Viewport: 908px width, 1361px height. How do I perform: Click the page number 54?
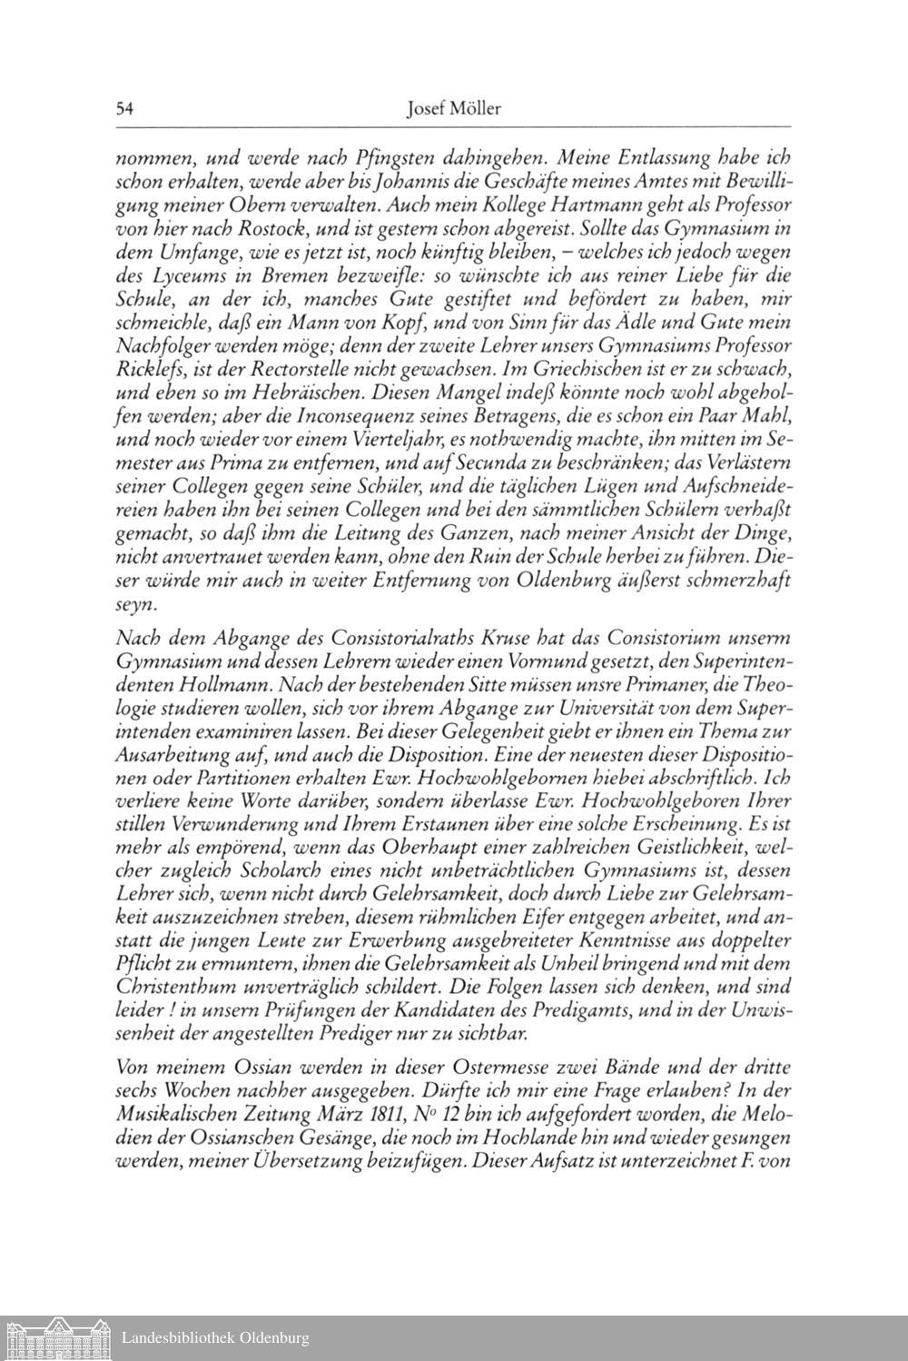[x=125, y=109]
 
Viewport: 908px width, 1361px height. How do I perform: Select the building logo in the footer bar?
[x=55, y=1337]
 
